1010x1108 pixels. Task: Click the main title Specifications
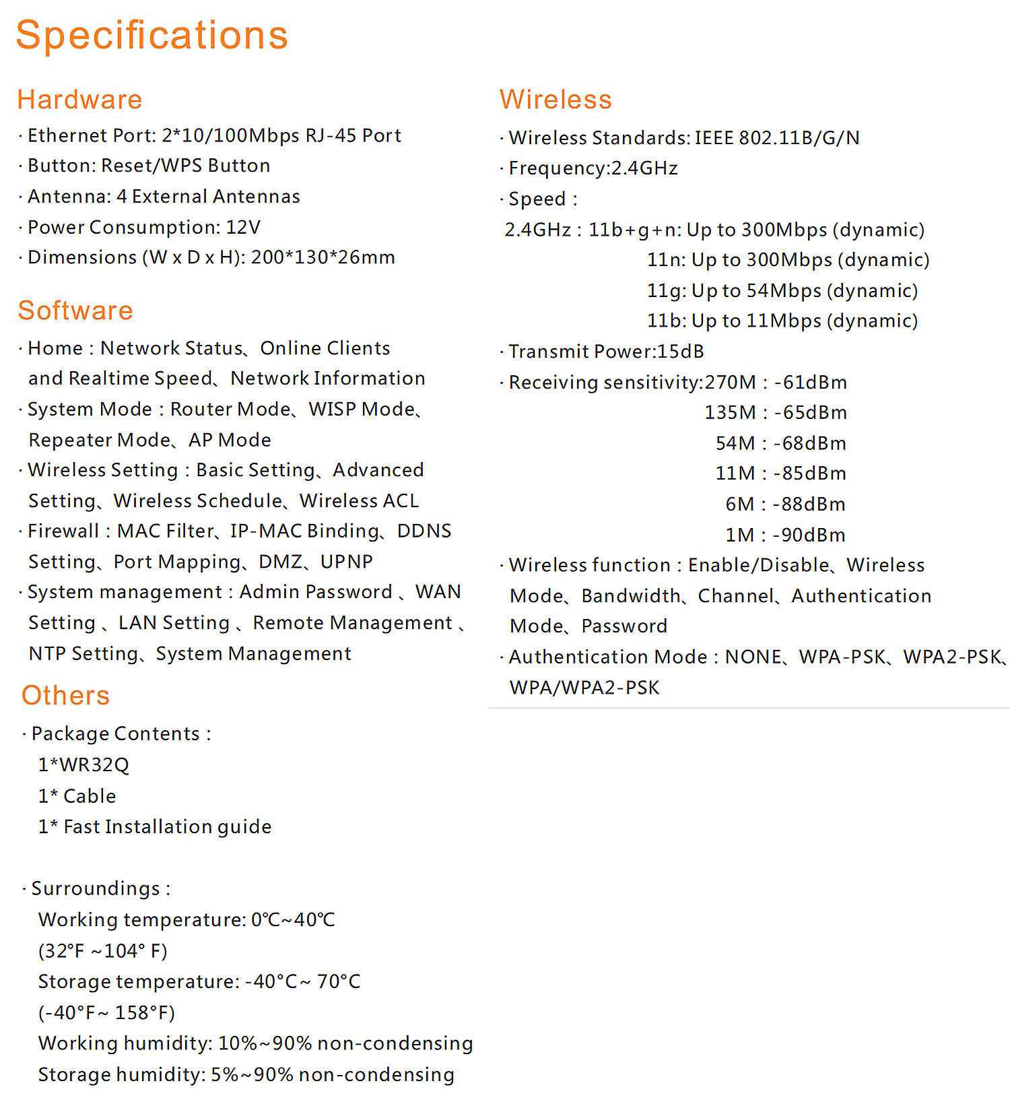(x=152, y=35)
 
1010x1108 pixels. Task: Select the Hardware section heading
(x=79, y=100)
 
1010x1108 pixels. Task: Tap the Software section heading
(x=75, y=311)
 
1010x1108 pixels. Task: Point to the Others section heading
(x=65, y=695)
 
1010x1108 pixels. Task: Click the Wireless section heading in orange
(x=555, y=100)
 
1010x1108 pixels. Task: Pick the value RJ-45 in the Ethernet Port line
(x=331, y=135)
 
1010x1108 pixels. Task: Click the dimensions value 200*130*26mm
(x=323, y=257)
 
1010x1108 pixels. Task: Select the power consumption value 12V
(x=243, y=227)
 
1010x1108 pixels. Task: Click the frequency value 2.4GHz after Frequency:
(x=644, y=168)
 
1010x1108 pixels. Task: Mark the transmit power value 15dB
(x=680, y=352)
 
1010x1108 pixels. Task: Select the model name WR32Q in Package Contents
(x=94, y=765)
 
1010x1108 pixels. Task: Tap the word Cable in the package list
(x=90, y=796)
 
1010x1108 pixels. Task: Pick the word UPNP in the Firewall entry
(x=346, y=562)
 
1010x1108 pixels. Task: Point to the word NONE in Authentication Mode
(x=753, y=657)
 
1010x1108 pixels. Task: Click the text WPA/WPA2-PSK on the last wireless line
(x=584, y=688)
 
